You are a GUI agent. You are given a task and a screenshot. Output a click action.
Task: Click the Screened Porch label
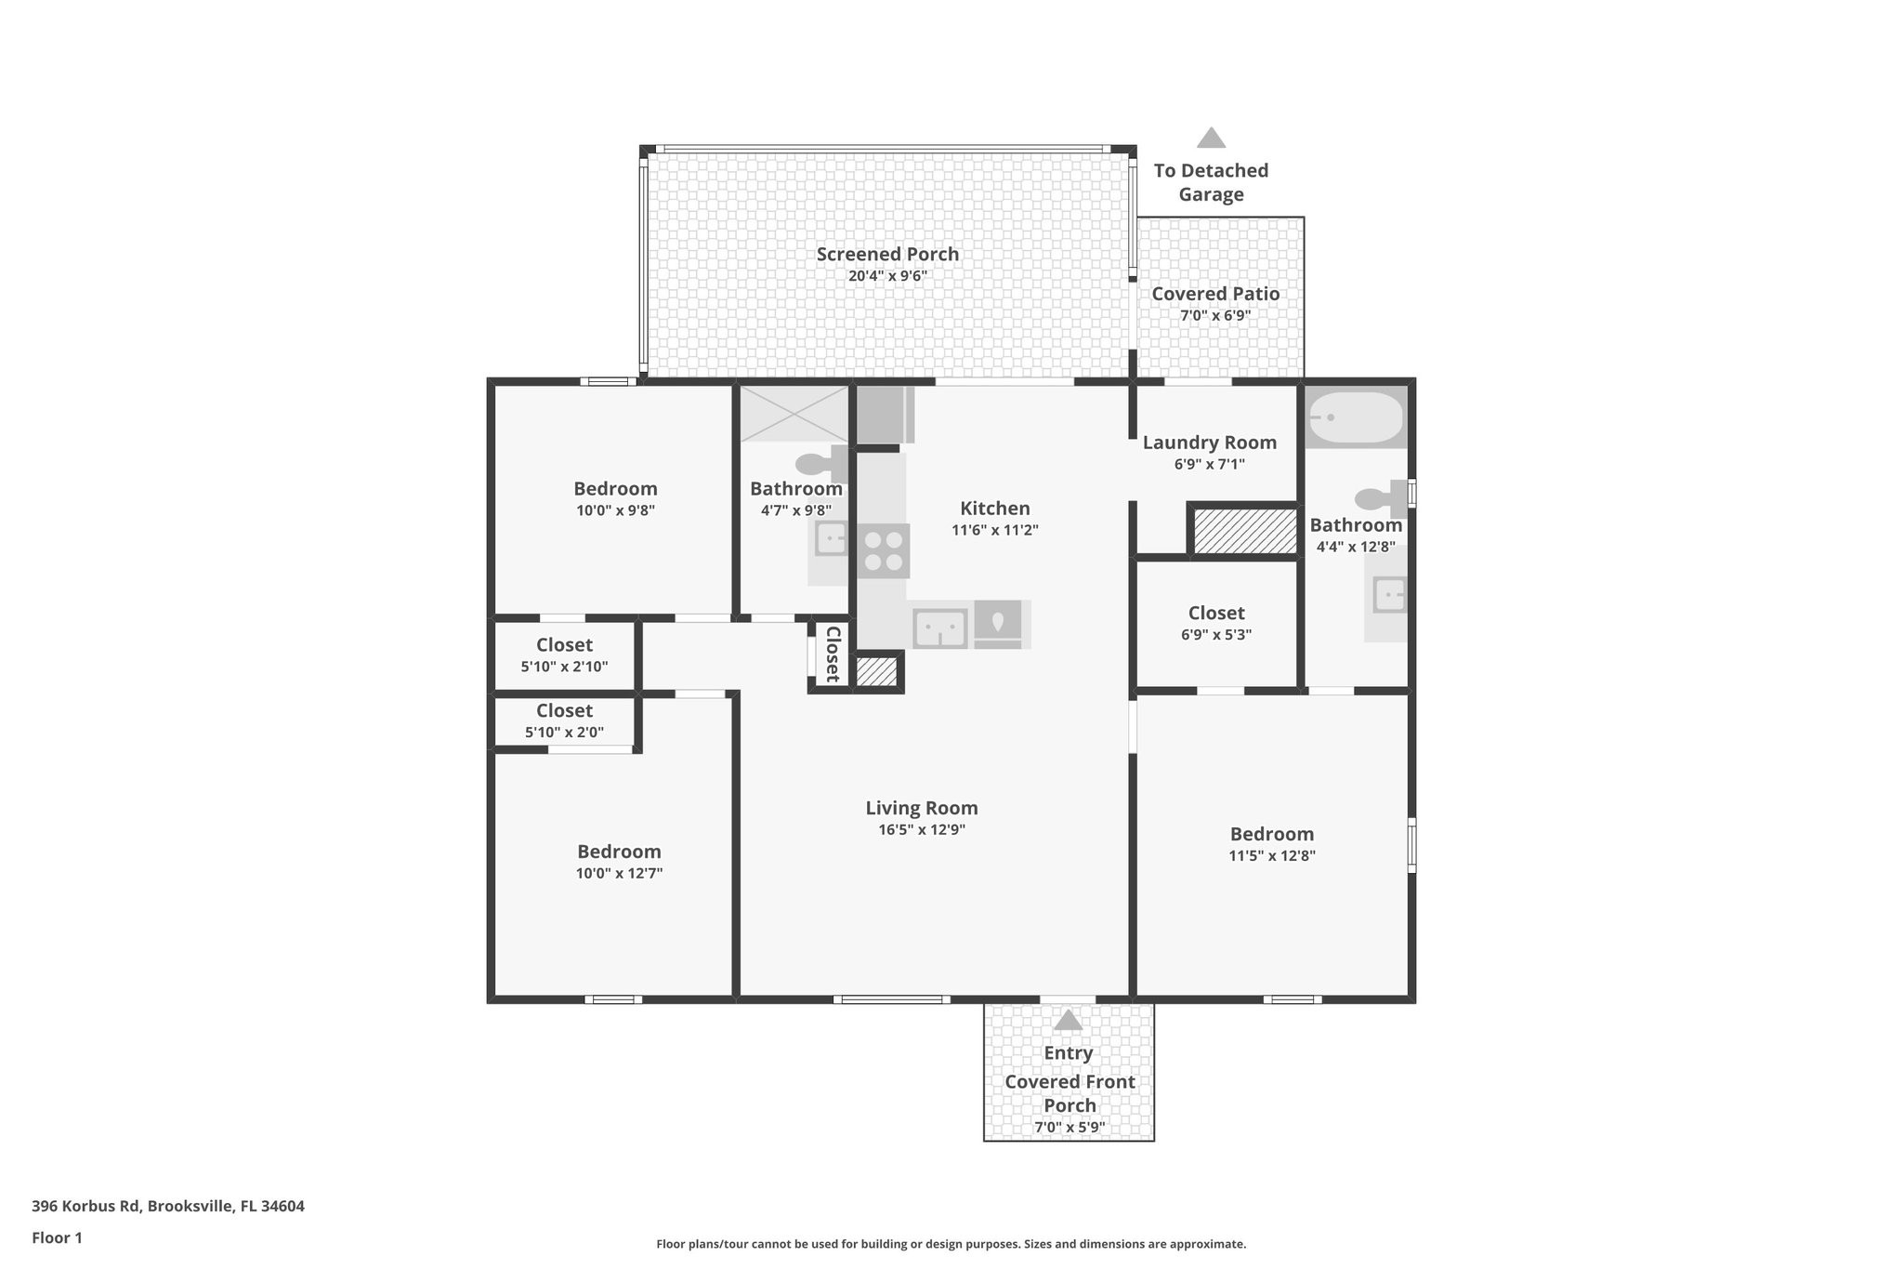[887, 254]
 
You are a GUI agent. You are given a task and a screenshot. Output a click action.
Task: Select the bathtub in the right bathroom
[1356, 417]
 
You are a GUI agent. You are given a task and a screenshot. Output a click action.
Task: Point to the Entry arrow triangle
[1068, 1020]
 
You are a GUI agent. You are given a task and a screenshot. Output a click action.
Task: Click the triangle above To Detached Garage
[1210, 139]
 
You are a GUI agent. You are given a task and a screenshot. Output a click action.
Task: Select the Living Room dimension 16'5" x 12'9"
[922, 830]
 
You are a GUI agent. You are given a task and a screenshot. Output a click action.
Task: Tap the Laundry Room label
[1209, 443]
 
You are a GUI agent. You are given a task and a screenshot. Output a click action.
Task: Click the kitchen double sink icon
[940, 628]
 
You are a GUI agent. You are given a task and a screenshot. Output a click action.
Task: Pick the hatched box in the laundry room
[1244, 531]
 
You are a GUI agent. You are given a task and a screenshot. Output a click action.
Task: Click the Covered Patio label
[1215, 294]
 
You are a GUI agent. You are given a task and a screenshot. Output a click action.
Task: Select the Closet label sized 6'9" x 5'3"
[1215, 613]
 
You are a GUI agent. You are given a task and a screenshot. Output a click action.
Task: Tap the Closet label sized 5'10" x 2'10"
[564, 644]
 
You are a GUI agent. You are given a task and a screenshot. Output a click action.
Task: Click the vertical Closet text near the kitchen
[833, 654]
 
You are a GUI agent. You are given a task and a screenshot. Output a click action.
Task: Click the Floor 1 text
[57, 1237]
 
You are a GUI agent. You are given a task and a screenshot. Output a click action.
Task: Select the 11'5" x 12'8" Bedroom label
[1271, 834]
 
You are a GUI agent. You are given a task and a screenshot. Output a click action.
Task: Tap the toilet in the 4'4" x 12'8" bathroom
[1382, 498]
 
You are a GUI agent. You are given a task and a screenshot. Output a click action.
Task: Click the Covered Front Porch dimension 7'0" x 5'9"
[1069, 1128]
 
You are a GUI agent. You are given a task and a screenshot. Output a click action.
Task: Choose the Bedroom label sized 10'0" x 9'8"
[615, 488]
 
